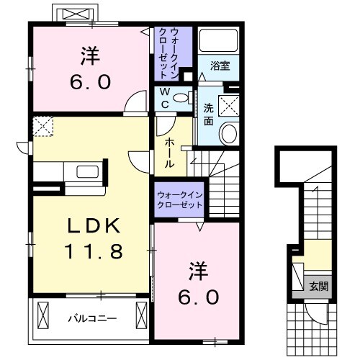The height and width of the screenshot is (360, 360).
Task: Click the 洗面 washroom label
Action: click(x=208, y=114)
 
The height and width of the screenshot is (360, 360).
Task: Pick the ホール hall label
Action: click(x=169, y=152)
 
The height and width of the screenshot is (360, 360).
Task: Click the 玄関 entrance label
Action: click(x=319, y=287)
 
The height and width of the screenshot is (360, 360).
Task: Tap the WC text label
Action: click(x=164, y=98)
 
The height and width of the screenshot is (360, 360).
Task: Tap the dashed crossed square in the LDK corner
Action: click(x=42, y=127)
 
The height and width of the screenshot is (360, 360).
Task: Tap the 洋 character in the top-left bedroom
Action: click(x=90, y=55)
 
